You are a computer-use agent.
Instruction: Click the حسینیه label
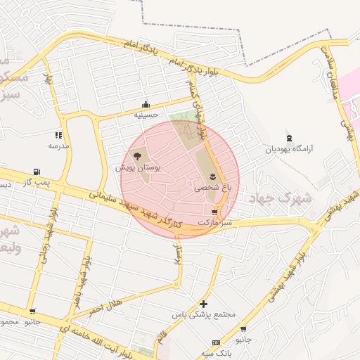pyautogui.click(x=146, y=114)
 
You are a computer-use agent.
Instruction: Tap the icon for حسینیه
pyautogui.click(x=146, y=104)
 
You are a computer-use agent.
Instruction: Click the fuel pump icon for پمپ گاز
pyautogui.click(x=36, y=172)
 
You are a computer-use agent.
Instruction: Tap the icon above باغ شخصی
pyautogui.click(x=213, y=175)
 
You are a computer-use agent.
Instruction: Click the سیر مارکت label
pyautogui.click(x=214, y=222)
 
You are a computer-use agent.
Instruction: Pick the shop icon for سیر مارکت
pyautogui.click(x=214, y=212)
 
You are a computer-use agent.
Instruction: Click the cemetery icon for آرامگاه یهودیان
pyautogui.click(x=288, y=136)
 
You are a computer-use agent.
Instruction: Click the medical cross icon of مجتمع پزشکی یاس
pyautogui.click(x=203, y=304)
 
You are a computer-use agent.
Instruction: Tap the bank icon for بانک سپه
pyautogui.click(x=216, y=342)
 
